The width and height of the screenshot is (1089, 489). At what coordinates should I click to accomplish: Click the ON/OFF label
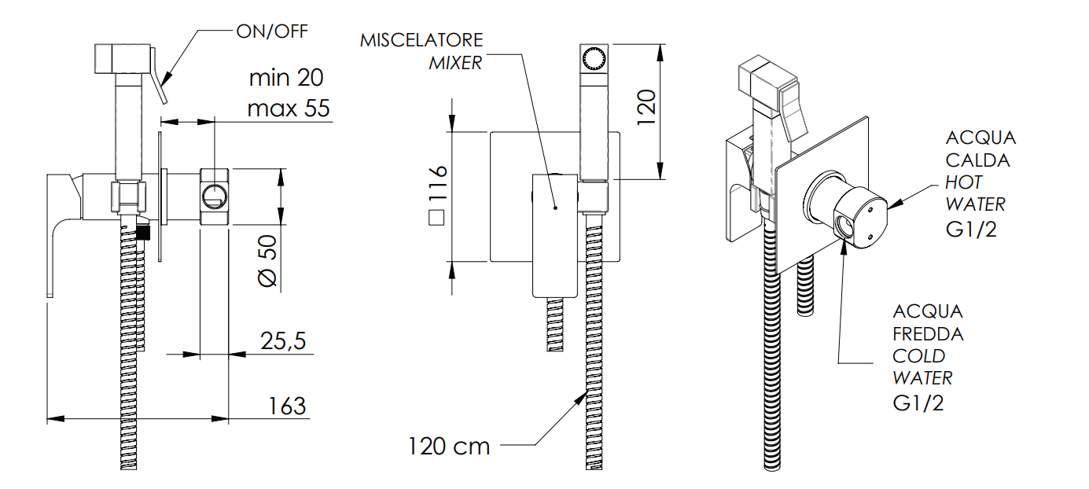pyautogui.click(x=272, y=31)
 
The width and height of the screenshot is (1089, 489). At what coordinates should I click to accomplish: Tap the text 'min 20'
pyautogui.click(x=286, y=78)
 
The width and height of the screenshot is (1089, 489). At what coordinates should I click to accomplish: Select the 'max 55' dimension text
pyautogui.click(x=289, y=108)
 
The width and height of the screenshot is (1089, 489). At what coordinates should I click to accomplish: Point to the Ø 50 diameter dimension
pyautogui.click(x=267, y=261)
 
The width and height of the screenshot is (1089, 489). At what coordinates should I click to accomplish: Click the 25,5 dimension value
pyautogui.click(x=283, y=341)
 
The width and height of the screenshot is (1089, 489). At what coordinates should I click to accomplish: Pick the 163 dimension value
pyautogui.click(x=287, y=406)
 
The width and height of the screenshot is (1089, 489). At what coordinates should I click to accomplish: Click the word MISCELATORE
pyautogui.click(x=421, y=40)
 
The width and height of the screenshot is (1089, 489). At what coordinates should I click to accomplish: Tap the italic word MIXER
pyautogui.click(x=455, y=63)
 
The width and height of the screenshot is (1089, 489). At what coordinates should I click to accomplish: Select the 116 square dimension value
pyautogui.click(x=437, y=183)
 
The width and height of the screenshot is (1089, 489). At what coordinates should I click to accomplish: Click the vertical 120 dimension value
pyautogui.click(x=646, y=108)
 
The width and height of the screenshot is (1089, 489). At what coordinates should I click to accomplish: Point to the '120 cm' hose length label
pyautogui.click(x=449, y=447)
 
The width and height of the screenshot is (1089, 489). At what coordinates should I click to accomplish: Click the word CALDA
pyautogui.click(x=977, y=160)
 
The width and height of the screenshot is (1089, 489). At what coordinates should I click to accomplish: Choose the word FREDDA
pyautogui.click(x=928, y=334)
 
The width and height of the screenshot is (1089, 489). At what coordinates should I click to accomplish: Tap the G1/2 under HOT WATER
pyautogui.click(x=971, y=229)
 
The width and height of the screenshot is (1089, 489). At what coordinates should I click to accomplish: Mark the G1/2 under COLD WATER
pyautogui.click(x=918, y=403)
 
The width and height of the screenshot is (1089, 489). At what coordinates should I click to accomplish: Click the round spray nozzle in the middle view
pyautogui.click(x=594, y=59)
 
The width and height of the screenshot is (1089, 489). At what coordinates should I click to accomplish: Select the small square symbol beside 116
pyautogui.click(x=436, y=218)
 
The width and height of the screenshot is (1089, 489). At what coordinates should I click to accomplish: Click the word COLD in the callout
pyautogui.click(x=919, y=356)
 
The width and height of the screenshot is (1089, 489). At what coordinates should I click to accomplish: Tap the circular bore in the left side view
pyautogui.click(x=215, y=197)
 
